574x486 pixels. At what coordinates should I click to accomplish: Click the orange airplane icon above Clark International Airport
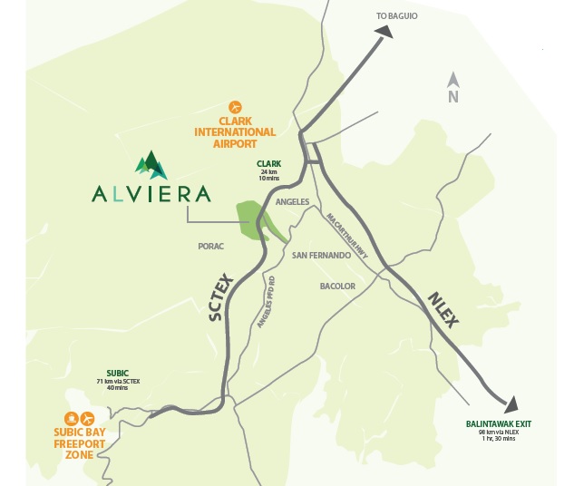[235, 106]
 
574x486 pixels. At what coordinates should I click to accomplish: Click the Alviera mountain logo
[151, 164]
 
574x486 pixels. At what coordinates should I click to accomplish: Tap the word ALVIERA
[151, 193]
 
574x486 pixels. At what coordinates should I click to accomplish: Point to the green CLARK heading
[269, 164]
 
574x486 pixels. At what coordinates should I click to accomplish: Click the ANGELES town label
[292, 202]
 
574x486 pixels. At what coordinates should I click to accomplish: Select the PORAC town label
[210, 246]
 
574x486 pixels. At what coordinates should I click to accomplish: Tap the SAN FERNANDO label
[321, 256]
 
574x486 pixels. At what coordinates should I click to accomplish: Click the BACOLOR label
[337, 287]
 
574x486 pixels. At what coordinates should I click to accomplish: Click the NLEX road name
[445, 306]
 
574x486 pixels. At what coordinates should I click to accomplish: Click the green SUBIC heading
[120, 372]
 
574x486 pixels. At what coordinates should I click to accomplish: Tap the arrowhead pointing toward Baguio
[384, 32]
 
